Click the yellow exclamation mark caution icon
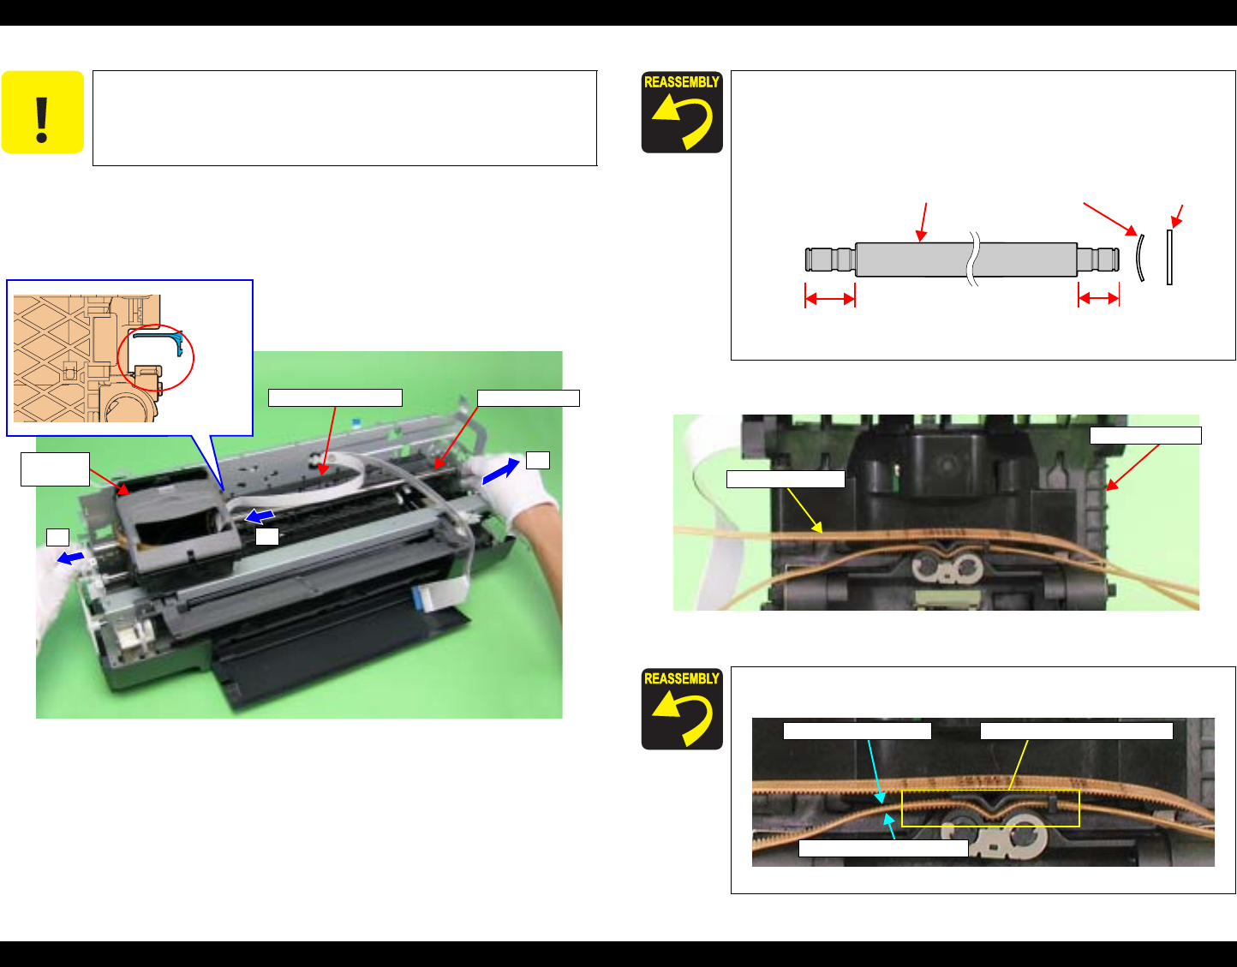pyautogui.click(x=43, y=111)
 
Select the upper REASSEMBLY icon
pyautogui.click(x=682, y=112)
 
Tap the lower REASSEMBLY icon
pyautogui.click(x=682, y=708)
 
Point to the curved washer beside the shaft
pyautogui.click(x=1139, y=258)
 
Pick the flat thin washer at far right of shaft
pyautogui.click(x=1169, y=257)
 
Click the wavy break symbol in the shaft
pyautogui.click(x=974, y=259)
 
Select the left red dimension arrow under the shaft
pyautogui.click(x=830, y=298)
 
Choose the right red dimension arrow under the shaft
pyautogui.click(x=1099, y=298)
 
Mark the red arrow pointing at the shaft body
pyautogui.click(x=923, y=222)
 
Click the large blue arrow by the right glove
pyautogui.click(x=500, y=472)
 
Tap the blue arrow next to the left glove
pyautogui.click(x=70, y=558)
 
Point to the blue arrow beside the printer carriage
pyautogui.click(x=260, y=516)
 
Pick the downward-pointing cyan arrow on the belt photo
pyautogui.click(x=875, y=772)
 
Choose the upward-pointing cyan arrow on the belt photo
pyautogui.click(x=890, y=826)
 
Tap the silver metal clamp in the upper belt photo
pyautogui.click(x=946, y=570)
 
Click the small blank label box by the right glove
pyautogui.click(x=537, y=460)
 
